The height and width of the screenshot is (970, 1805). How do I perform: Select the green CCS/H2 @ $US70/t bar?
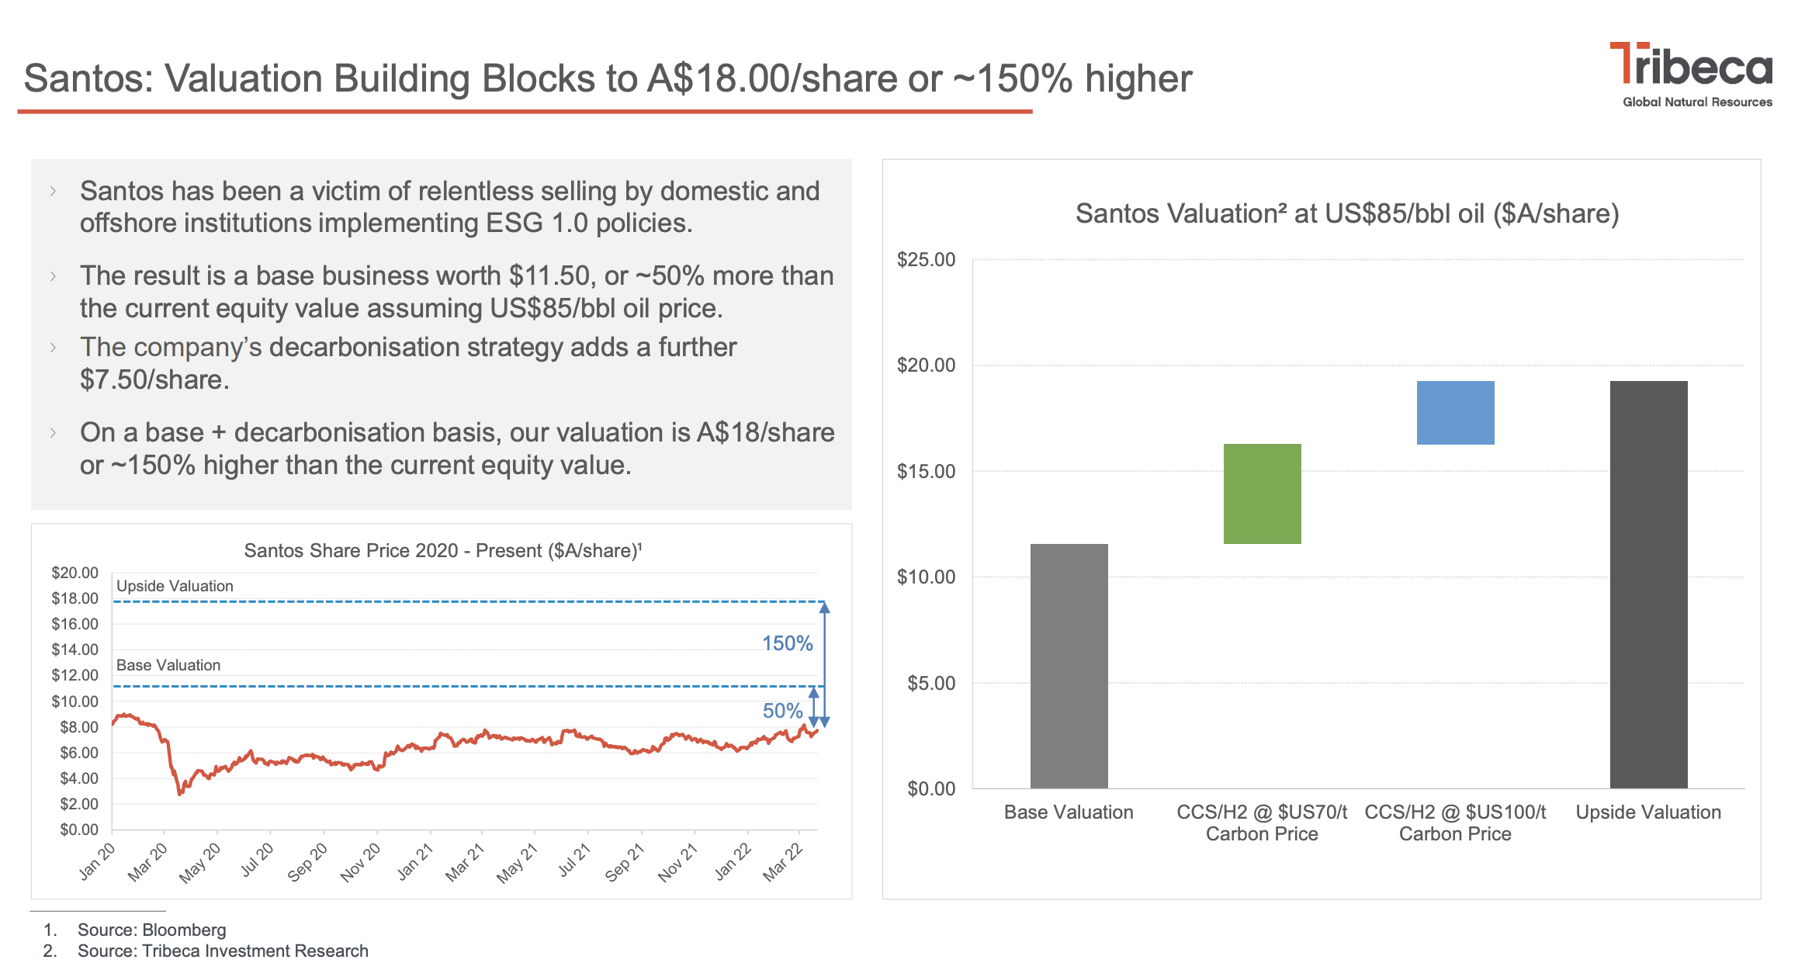click(1262, 494)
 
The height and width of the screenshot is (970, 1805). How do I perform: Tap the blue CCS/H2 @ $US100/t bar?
click(1455, 412)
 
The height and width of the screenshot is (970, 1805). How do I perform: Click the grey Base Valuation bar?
click(1069, 666)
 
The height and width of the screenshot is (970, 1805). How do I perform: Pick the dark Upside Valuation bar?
click(1648, 584)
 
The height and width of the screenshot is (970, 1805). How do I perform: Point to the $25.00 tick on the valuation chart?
click(926, 260)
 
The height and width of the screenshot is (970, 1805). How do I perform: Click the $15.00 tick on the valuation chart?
click(926, 472)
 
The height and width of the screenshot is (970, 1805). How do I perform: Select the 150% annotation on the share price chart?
click(787, 643)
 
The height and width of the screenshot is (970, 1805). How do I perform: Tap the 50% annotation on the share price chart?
click(782, 711)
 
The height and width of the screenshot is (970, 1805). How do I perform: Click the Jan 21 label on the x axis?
click(415, 862)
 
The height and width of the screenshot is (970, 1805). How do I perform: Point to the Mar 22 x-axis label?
click(782, 862)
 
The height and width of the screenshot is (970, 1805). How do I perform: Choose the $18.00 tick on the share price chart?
click(75, 598)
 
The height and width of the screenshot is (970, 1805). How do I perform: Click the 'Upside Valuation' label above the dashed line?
click(175, 586)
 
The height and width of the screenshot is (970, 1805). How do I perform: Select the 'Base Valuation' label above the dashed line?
click(168, 665)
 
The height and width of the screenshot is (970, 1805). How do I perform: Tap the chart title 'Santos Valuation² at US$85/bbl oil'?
click(1347, 213)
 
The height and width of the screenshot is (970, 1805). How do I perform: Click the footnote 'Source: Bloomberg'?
click(151, 930)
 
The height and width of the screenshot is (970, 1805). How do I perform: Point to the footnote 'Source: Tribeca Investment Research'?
click(223, 951)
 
